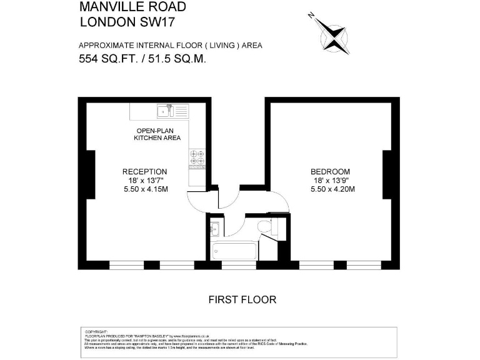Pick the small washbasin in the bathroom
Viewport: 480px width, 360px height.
tap(214, 228)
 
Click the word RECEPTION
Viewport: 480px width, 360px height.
tap(144, 172)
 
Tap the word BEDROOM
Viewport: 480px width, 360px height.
tap(330, 172)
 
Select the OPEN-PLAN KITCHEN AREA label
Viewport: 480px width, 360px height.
tap(157, 134)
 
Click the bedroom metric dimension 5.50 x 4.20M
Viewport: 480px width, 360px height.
tap(332, 189)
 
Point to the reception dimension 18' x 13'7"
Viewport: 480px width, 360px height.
tap(144, 181)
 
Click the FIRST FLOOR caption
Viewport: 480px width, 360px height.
tap(242, 300)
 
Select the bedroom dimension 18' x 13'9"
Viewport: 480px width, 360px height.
tap(330, 181)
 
